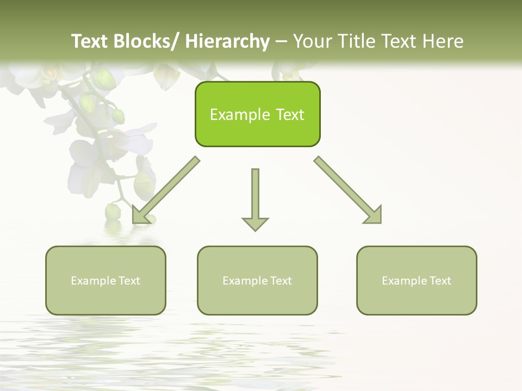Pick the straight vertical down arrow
255,195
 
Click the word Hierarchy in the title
227,41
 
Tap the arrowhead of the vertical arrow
255,223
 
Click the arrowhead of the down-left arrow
140,216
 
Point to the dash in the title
281,41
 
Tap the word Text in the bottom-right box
440,281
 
